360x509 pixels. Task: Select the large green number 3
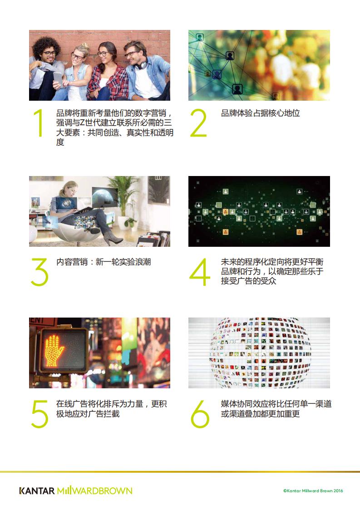39,272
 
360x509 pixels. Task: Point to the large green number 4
199,272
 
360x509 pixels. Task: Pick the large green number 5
39,414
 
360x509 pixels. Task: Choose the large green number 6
200,414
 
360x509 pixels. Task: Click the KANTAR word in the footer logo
37,491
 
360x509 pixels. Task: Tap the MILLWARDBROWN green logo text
95,491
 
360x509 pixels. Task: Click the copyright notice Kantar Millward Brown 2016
313,491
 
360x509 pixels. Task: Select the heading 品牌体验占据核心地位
260,113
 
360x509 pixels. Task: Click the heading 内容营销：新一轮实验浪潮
104,262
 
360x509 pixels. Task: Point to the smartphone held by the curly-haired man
58,79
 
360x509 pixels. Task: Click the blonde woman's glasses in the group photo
77,57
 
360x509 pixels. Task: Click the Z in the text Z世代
82,123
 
